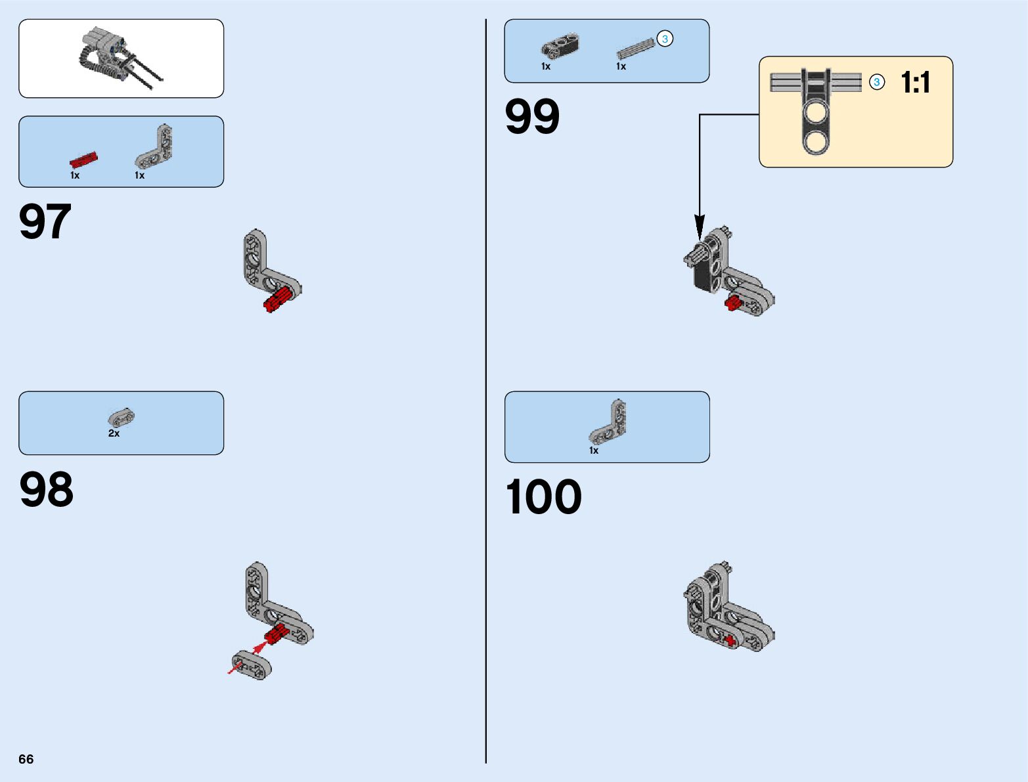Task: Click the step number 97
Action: coord(45,222)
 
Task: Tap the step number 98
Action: coord(46,490)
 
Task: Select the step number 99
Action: coord(532,118)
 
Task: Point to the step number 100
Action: coord(543,497)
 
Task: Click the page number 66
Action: coord(26,759)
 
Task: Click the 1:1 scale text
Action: coord(915,83)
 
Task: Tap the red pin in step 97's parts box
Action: coord(83,160)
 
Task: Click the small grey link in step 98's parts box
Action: coord(121,417)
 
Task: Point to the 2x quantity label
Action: coord(114,433)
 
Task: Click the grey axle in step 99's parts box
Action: coord(635,49)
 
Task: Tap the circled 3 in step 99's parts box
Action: coord(665,39)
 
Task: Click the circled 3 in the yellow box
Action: coord(876,83)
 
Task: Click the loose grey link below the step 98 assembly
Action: coord(252,664)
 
